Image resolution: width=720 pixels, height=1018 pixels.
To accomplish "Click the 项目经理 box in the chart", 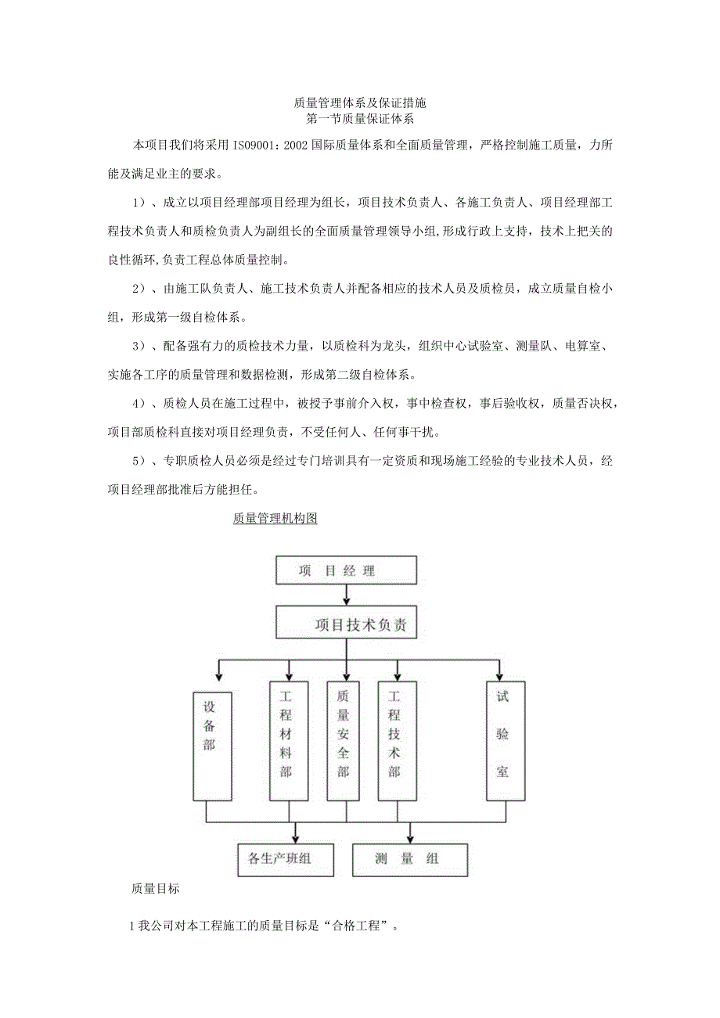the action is pos(346,570).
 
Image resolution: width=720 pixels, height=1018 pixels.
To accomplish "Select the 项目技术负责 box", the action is pos(346,624).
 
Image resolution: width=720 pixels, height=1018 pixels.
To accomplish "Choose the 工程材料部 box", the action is pos(286,741).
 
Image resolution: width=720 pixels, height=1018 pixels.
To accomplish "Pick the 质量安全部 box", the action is pos(343,741).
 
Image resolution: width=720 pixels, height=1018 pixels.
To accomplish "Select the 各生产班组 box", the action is pos(286,859).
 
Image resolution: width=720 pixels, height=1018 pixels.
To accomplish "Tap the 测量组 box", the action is pos(410,859).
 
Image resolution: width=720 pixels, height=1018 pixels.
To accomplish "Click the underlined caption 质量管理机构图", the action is pos(275,519).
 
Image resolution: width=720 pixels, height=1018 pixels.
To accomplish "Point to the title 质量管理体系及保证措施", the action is pos(359,103).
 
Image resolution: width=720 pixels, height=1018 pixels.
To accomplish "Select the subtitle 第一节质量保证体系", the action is pos(359,119).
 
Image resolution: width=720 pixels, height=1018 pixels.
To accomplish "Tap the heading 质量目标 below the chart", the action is pos(156,889).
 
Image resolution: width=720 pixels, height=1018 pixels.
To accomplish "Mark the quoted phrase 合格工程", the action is pos(361,926).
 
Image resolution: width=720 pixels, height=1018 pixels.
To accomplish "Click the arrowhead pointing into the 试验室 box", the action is pos(499,676).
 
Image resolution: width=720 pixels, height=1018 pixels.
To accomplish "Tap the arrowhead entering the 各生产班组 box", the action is pos(295,838).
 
